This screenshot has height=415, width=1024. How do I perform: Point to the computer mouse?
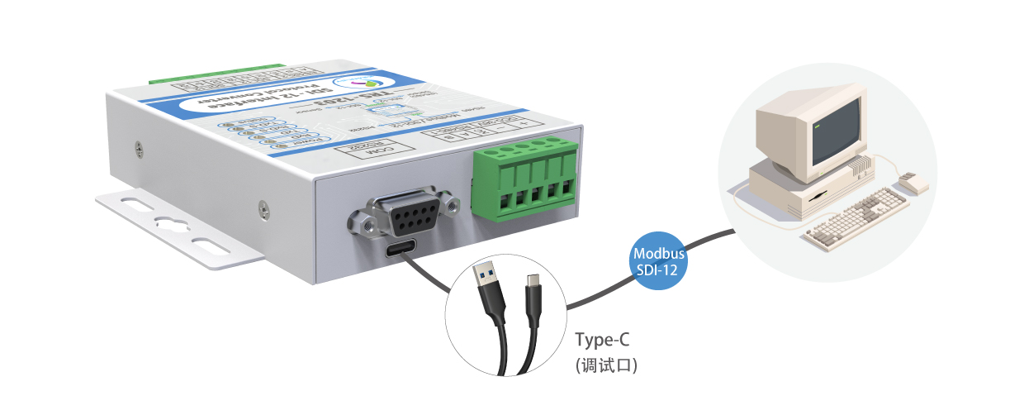coord(913,183)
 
